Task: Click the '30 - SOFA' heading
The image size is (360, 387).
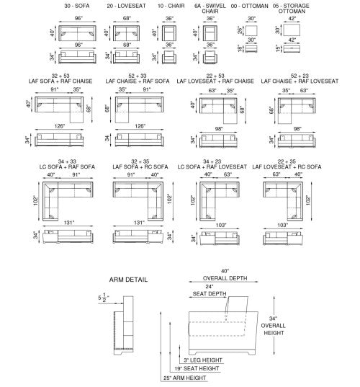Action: click(x=77, y=6)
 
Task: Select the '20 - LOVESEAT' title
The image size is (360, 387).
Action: click(x=126, y=6)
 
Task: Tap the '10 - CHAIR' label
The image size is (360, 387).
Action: click(x=171, y=6)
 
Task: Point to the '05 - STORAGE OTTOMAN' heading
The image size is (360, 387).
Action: click(x=291, y=9)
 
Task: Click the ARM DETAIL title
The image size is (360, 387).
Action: click(x=128, y=280)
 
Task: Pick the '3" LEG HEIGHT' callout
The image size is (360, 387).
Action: click(x=203, y=360)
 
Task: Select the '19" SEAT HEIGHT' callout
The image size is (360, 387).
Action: click(x=197, y=368)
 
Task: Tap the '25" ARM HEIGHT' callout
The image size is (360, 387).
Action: click(x=185, y=378)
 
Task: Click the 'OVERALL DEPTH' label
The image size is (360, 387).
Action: click(x=225, y=278)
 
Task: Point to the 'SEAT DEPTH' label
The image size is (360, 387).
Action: click(x=210, y=294)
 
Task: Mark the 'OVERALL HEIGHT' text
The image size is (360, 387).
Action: click(x=274, y=329)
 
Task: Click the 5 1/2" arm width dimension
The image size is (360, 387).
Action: click(x=104, y=298)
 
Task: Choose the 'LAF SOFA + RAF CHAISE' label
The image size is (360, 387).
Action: click(x=60, y=81)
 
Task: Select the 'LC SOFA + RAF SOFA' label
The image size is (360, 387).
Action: click(x=67, y=167)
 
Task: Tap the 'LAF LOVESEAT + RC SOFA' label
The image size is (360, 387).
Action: click(x=287, y=167)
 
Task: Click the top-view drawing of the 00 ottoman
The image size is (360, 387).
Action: click(x=251, y=30)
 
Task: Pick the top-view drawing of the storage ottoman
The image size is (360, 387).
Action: click(x=292, y=30)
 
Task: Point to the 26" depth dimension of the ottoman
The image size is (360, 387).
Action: click(x=240, y=30)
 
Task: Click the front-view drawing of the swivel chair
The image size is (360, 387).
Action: click(x=210, y=57)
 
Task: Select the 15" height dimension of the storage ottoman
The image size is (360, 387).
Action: click(x=278, y=48)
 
